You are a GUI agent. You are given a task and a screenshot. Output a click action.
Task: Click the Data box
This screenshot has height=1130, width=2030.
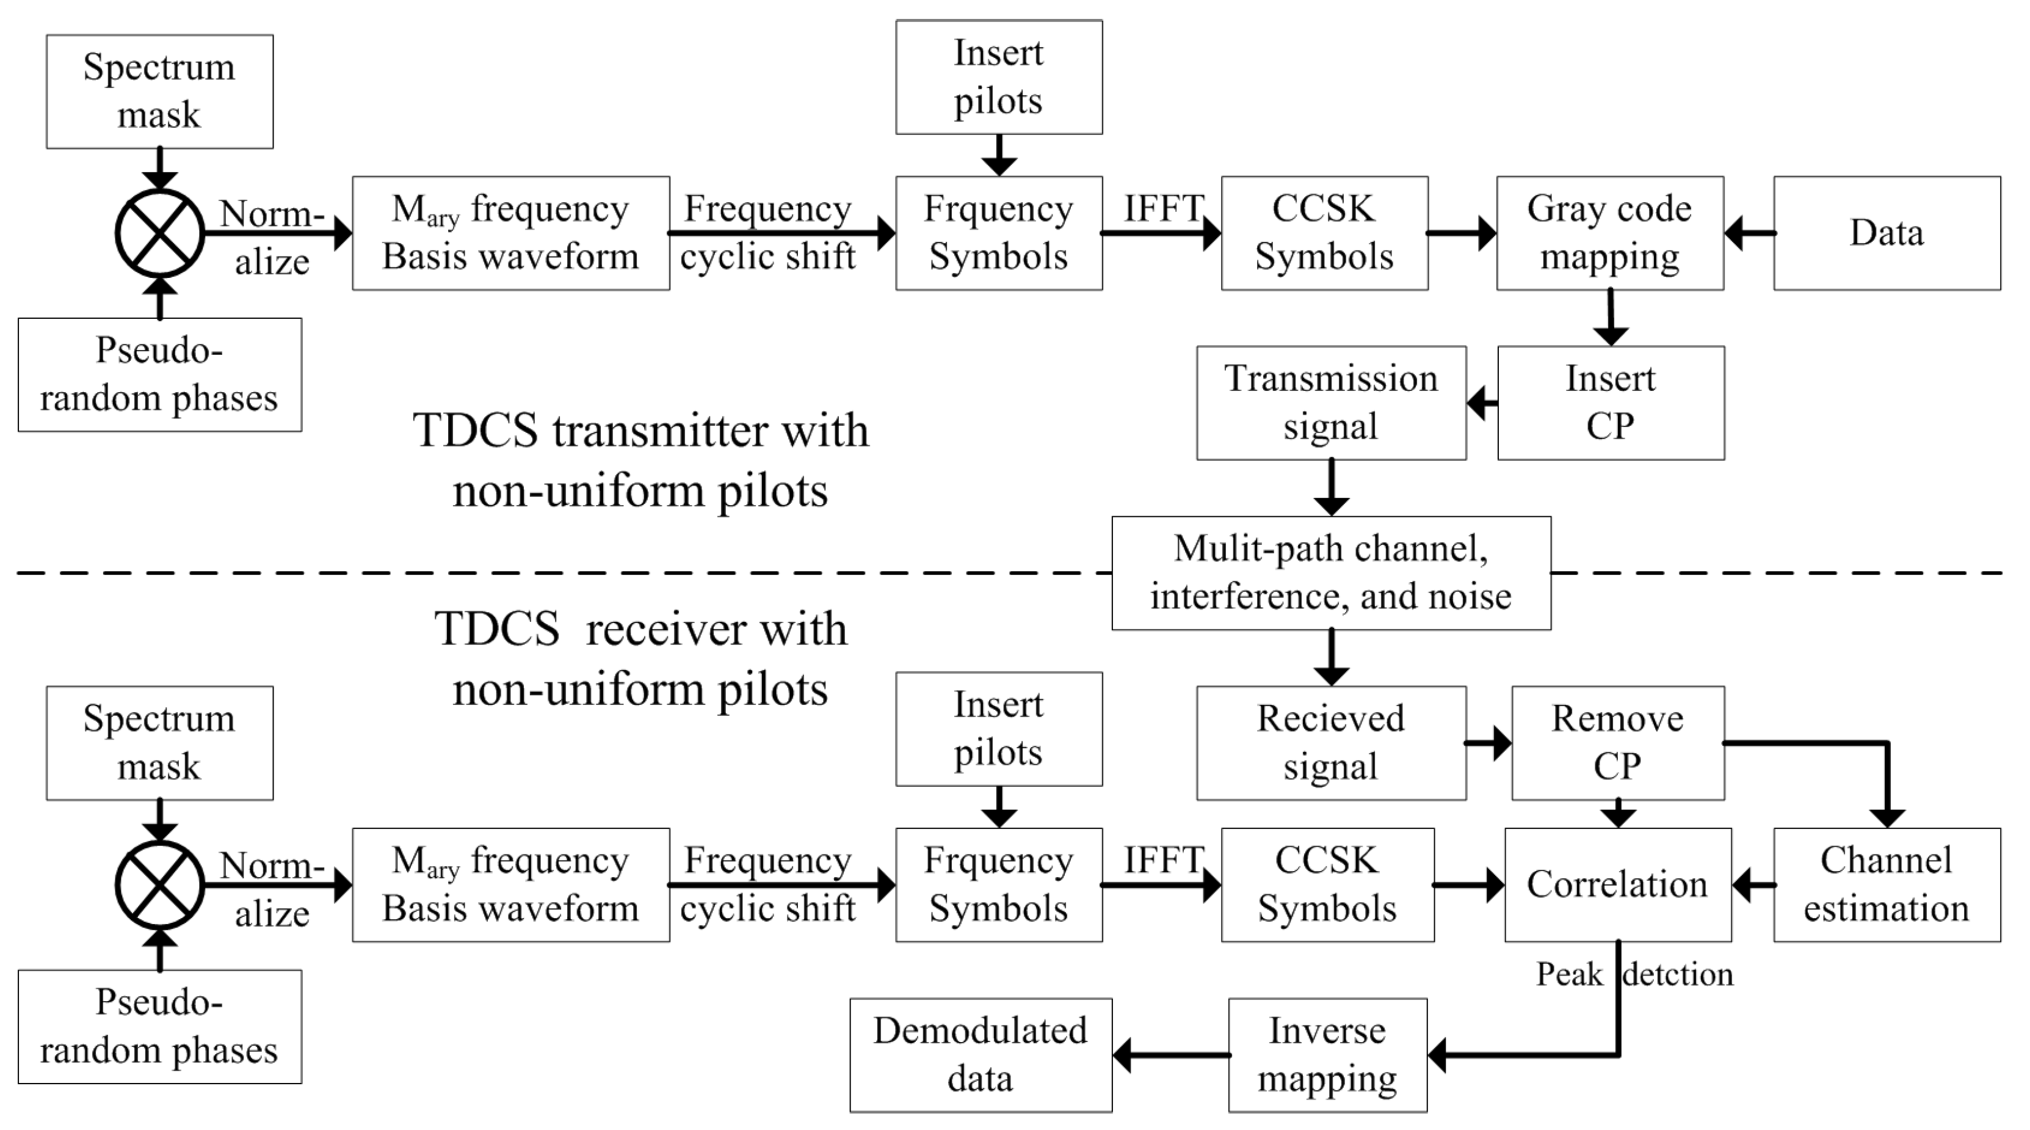1887,233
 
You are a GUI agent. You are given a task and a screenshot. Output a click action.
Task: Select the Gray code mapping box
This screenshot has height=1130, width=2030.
1609,233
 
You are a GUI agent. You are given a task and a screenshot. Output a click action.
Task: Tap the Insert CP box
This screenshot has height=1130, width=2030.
1610,403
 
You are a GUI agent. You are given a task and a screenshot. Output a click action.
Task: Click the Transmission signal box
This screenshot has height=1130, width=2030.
1331,403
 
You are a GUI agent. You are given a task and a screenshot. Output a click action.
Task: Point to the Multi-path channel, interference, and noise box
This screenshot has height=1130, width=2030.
1331,574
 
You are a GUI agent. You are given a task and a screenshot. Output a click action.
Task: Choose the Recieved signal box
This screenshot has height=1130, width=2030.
1331,743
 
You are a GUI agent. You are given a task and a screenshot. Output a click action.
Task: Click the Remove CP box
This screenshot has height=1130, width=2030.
1617,743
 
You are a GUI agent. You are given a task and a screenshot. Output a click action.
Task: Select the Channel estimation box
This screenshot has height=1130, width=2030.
1887,884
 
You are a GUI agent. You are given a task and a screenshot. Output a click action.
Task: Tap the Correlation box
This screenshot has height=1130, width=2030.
1617,884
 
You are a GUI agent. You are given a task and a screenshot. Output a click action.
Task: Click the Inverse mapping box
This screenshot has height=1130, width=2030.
1327,1055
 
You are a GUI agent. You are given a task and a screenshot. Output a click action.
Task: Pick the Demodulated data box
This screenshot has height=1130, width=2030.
981,1055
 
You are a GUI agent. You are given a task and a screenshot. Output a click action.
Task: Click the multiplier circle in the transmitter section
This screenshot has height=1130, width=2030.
160,233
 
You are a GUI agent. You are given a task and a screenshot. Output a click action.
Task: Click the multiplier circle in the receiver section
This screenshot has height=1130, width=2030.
160,884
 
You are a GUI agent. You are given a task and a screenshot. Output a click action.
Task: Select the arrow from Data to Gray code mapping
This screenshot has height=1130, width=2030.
1749,233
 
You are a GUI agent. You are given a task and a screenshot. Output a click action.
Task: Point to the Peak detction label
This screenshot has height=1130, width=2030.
1634,975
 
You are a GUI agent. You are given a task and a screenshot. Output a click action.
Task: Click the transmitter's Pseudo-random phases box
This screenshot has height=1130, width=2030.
159,374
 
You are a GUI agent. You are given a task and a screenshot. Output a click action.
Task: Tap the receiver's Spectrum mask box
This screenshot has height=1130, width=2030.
159,743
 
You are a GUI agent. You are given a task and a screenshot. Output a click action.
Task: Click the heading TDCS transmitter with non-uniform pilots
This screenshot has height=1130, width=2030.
640,461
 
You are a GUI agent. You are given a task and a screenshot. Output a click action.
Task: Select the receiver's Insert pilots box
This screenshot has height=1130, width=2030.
998,729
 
